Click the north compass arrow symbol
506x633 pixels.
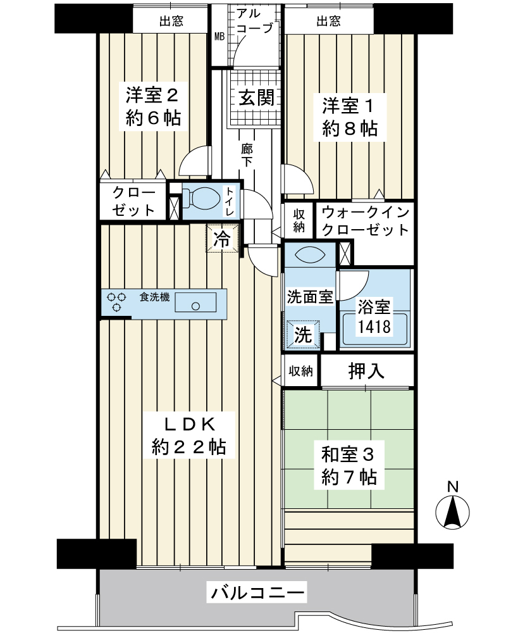coord(454,512)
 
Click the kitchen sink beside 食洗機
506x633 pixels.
coord(195,303)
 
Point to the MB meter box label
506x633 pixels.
coord(219,36)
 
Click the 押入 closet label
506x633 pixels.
coord(366,371)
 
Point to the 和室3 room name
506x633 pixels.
coord(349,454)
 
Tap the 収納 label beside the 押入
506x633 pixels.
coord(301,371)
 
